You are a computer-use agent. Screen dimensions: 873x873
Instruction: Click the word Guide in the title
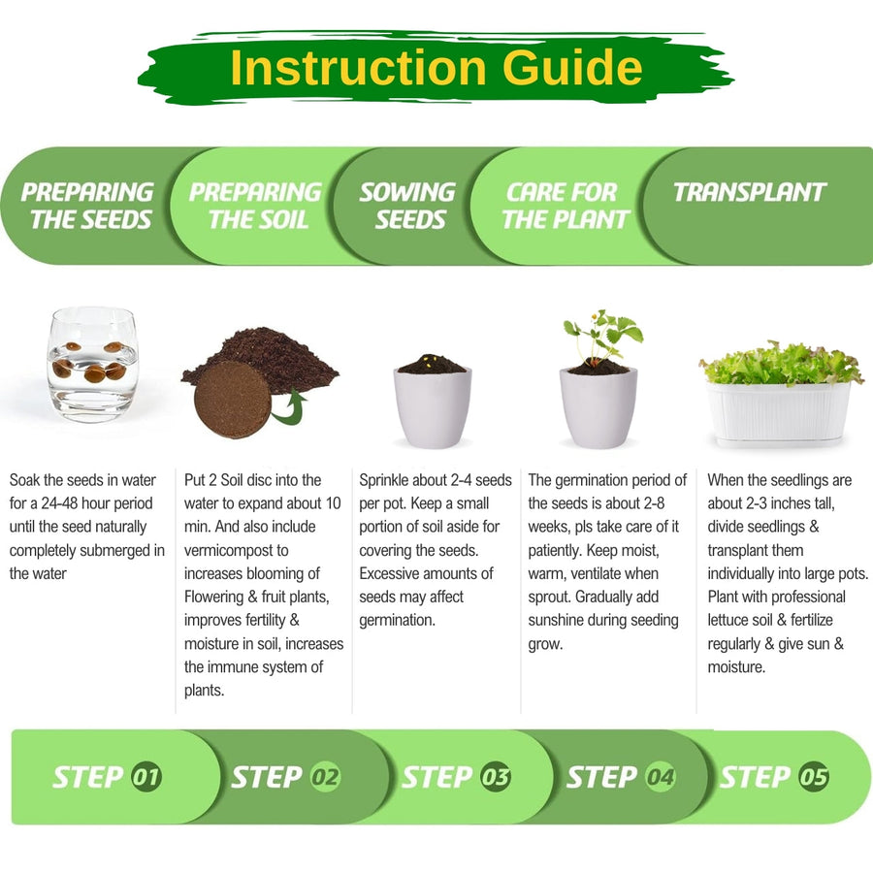pyautogui.click(x=572, y=67)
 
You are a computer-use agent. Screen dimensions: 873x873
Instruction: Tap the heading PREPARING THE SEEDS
pyautogui.click(x=87, y=206)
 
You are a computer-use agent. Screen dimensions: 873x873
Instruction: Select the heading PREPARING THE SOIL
pyautogui.click(x=255, y=206)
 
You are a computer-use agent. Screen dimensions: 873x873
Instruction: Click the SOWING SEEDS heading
pyautogui.click(x=408, y=206)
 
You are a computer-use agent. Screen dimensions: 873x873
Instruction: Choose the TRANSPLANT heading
pyautogui.click(x=750, y=192)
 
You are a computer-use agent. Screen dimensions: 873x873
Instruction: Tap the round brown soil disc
pyautogui.click(x=232, y=399)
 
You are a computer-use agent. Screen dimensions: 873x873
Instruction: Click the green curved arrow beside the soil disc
pyautogui.click(x=289, y=408)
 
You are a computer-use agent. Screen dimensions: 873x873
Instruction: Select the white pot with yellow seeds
pyautogui.click(x=433, y=402)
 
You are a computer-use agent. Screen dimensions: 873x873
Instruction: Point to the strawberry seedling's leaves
pyautogui.click(x=604, y=334)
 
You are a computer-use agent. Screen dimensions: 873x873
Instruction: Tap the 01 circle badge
pyautogui.click(x=146, y=776)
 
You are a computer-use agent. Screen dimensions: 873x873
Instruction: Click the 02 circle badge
pyautogui.click(x=325, y=776)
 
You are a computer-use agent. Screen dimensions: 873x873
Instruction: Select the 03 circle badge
pyautogui.click(x=495, y=776)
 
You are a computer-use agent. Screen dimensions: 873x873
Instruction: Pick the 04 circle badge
pyautogui.click(x=661, y=776)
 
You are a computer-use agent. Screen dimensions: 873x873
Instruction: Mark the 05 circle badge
pyautogui.click(x=814, y=776)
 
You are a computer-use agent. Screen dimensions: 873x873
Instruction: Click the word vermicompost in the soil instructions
pyautogui.click(x=236, y=551)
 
